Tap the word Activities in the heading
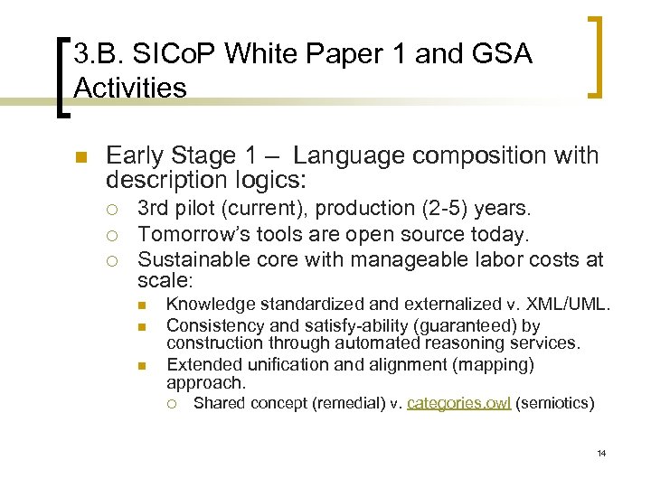(x=130, y=89)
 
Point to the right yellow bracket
(x=598, y=55)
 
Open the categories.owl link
(x=458, y=403)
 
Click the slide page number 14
(x=600, y=453)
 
